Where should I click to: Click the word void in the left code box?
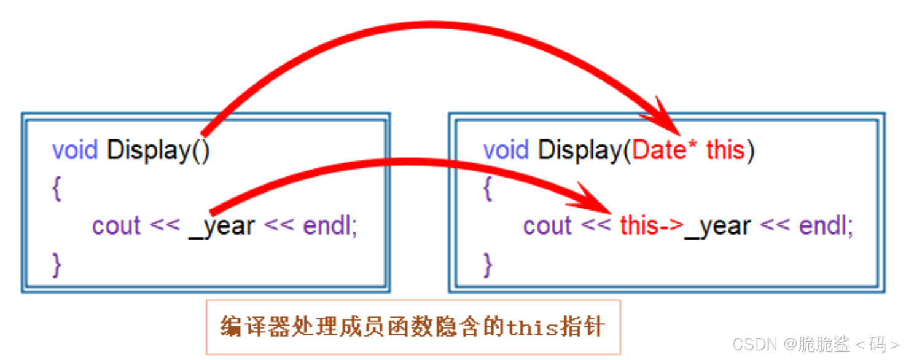pos(75,151)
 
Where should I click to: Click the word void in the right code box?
pos(506,151)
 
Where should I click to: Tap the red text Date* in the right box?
pos(666,151)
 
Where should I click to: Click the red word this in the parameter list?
pos(725,151)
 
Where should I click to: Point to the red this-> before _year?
pos(651,226)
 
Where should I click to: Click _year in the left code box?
pos(221,226)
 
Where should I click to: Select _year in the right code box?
pos(717,226)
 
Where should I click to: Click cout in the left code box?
pos(117,226)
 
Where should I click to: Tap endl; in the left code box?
pos(330,226)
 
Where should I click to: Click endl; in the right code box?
pos(826,226)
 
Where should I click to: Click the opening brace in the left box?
pos(57,189)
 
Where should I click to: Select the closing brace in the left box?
pos(57,265)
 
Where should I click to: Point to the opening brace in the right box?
pos(488,189)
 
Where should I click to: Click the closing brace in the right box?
pos(488,265)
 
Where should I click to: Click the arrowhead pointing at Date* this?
pos(666,120)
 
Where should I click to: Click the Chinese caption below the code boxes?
pos(413,327)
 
